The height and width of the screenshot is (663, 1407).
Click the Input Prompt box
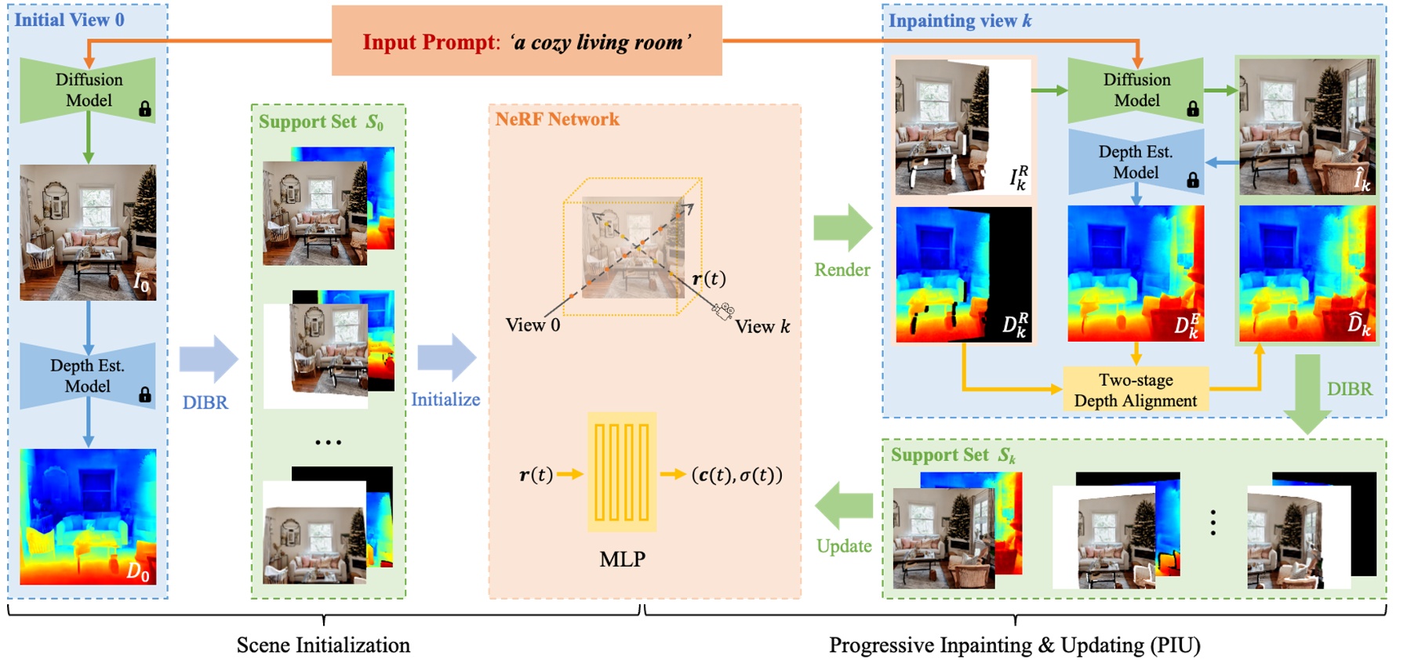tap(526, 41)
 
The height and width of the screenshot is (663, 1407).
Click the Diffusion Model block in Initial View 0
tap(88, 90)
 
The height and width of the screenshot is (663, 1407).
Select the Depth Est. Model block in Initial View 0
tap(88, 376)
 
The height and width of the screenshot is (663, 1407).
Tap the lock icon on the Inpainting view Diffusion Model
tap(1192, 109)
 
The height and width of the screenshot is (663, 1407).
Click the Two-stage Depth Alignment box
tap(1135, 390)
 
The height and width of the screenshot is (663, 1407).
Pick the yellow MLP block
tap(621, 473)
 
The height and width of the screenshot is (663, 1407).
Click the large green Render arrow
tap(842, 228)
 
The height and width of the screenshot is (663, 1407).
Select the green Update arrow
tap(844, 505)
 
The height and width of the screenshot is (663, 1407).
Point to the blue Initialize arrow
tap(446, 358)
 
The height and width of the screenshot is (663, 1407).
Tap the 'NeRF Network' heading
tap(557, 119)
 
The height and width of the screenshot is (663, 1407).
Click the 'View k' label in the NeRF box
tap(762, 327)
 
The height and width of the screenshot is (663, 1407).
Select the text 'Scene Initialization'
tap(323, 645)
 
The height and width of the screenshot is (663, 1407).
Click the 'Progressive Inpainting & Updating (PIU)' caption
tap(1014, 645)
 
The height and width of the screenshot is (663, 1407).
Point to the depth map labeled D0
tap(88, 516)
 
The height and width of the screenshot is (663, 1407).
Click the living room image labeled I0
tap(88, 232)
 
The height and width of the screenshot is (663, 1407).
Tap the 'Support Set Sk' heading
tap(952, 455)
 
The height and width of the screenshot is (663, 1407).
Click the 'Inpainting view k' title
tap(959, 21)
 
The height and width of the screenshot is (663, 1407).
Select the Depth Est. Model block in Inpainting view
tap(1135, 162)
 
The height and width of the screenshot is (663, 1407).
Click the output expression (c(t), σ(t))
tap(736, 475)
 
